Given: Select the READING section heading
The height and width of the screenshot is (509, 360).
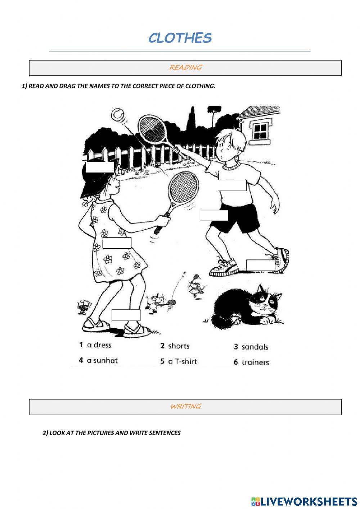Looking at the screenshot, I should (x=185, y=67).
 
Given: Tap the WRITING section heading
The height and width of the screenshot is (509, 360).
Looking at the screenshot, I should (x=185, y=406).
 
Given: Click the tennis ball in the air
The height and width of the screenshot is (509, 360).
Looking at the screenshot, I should (x=117, y=115).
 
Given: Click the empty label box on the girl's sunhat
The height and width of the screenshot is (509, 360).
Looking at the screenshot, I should (x=100, y=167).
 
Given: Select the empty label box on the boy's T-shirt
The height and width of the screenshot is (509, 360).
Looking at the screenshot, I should (x=232, y=186).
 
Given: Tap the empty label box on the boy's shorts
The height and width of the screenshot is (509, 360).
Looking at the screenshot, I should (x=214, y=215).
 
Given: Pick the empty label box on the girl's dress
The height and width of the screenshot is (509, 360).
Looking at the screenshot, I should (x=117, y=243).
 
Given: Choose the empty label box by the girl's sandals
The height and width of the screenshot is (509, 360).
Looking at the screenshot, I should (x=126, y=315).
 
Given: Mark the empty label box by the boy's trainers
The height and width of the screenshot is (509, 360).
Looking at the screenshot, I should (x=260, y=265).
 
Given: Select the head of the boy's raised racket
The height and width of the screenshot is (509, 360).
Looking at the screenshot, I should (x=153, y=129).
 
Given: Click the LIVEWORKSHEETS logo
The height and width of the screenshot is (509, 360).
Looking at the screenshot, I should (x=304, y=501).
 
